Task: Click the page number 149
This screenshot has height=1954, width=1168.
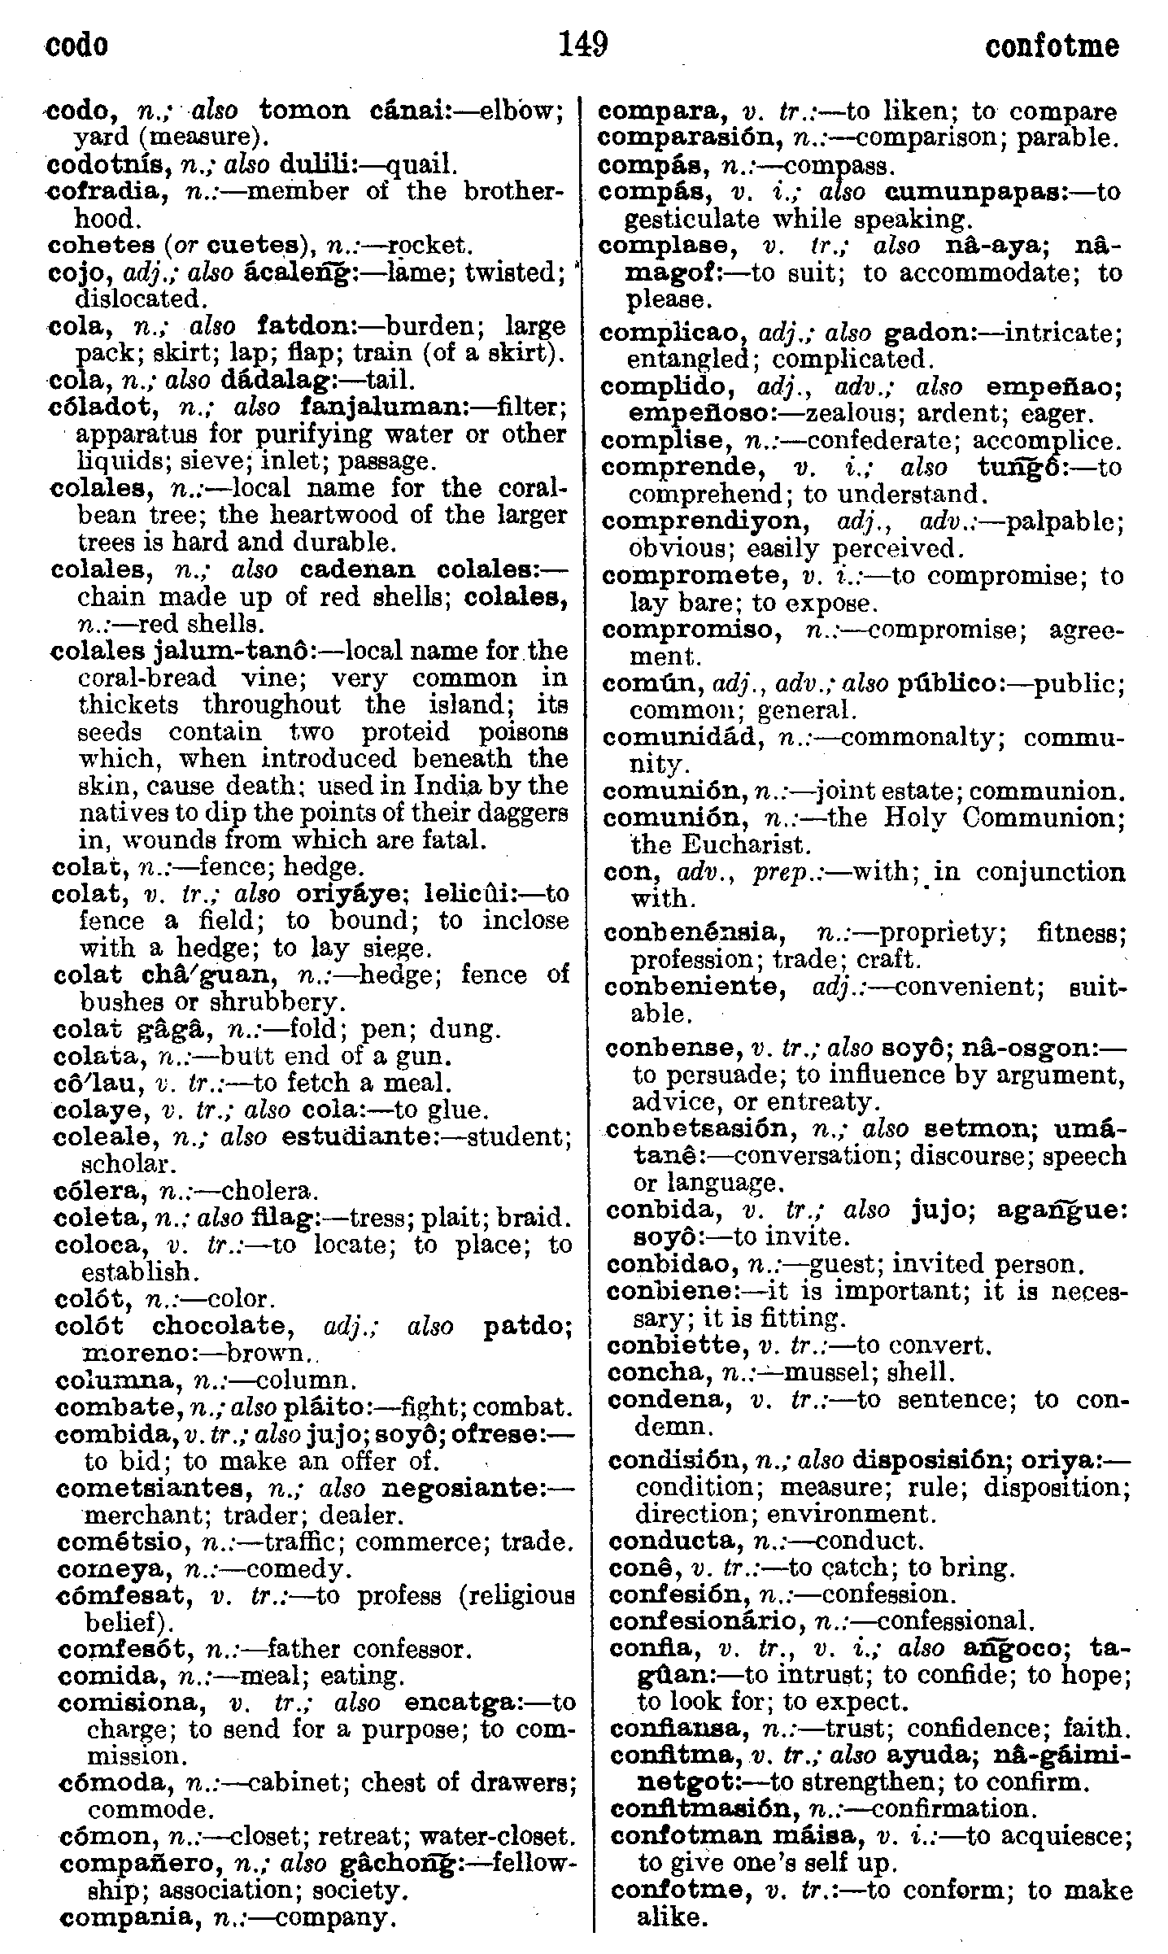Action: (583, 45)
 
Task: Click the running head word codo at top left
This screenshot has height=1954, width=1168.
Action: (76, 46)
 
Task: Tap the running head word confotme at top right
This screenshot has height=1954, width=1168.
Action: (1051, 46)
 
